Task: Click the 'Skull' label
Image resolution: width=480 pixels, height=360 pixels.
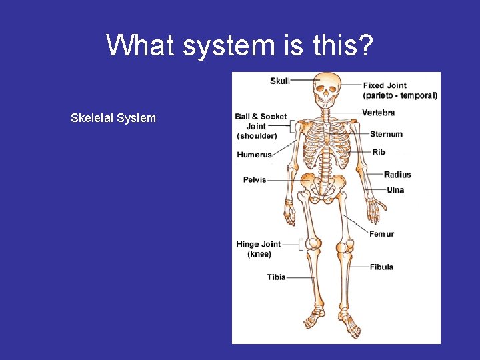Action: point(280,81)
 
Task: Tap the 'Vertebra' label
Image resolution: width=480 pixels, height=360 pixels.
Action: point(378,113)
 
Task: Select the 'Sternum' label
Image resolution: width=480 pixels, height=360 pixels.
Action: point(386,134)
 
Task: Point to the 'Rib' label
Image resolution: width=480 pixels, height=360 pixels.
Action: point(379,152)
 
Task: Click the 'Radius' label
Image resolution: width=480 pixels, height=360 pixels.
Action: point(397,175)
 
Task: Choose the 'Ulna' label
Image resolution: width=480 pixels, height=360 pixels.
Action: point(395,190)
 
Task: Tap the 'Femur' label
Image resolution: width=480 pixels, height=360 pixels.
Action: point(381,234)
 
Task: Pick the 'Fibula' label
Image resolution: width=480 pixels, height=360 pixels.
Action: point(381,267)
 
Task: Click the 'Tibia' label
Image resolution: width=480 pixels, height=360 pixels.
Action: point(276,277)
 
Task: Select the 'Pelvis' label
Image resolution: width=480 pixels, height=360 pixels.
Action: point(255,179)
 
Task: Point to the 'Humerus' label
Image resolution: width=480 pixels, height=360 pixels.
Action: point(254,155)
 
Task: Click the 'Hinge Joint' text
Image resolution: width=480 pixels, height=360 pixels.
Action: point(258,244)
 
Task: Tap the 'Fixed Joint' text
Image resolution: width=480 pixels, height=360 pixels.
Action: point(385,85)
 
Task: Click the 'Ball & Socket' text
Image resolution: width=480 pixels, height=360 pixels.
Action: point(261,117)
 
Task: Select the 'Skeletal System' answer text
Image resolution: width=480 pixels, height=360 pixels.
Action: point(113,119)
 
